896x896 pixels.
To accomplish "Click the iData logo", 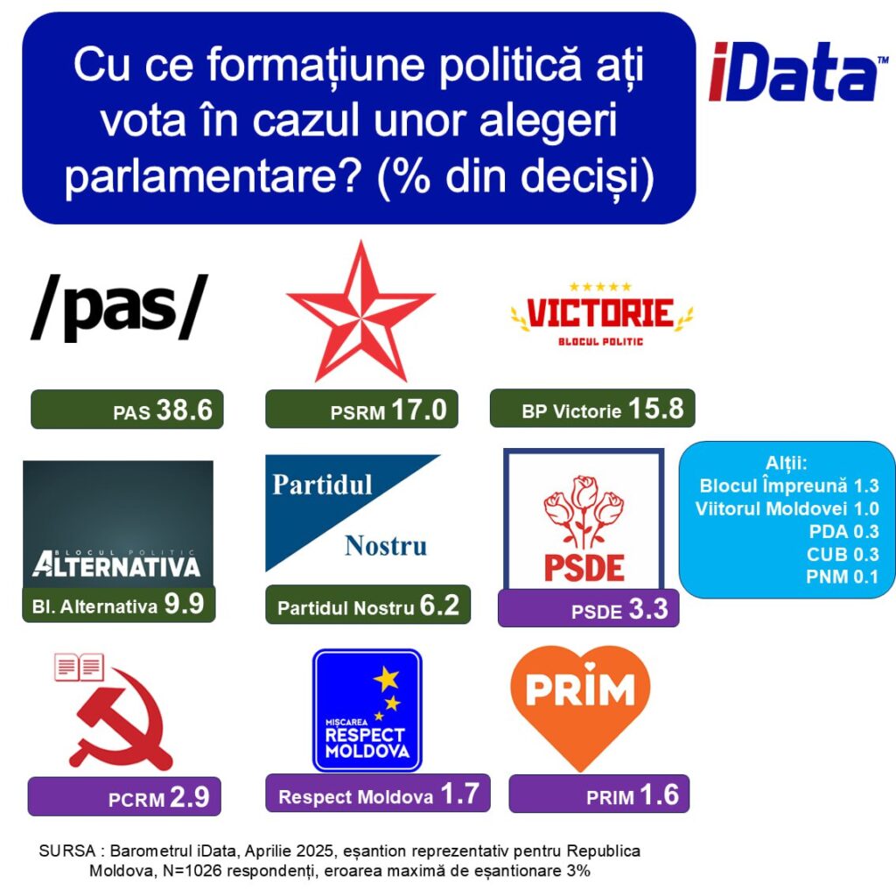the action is [x=798, y=72].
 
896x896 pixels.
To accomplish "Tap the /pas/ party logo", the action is [x=119, y=307].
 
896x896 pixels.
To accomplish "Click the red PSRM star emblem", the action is [x=360, y=311].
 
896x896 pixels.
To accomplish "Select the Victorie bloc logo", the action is [x=602, y=315].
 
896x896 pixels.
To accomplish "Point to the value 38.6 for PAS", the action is [x=184, y=409].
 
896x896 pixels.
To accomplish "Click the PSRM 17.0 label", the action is [x=361, y=409].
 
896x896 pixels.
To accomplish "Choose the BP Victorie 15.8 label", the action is [x=592, y=409].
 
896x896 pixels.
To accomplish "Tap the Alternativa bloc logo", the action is [x=118, y=524].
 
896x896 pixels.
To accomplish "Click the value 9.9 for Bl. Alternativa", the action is [x=184, y=604].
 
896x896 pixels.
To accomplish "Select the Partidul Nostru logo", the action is [x=353, y=513].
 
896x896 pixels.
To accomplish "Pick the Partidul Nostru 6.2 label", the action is [x=368, y=605].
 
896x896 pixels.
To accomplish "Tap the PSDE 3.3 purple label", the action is [x=589, y=609].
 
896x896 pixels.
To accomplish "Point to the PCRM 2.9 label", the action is [x=124, y=796].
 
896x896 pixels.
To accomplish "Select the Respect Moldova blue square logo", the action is [x=367, y=710].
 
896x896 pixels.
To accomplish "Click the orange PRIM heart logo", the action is [x=580, y=707].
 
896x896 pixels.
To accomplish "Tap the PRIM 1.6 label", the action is [x=598, y=794].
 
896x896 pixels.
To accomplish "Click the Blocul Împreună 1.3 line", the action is [x=789, y=486].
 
